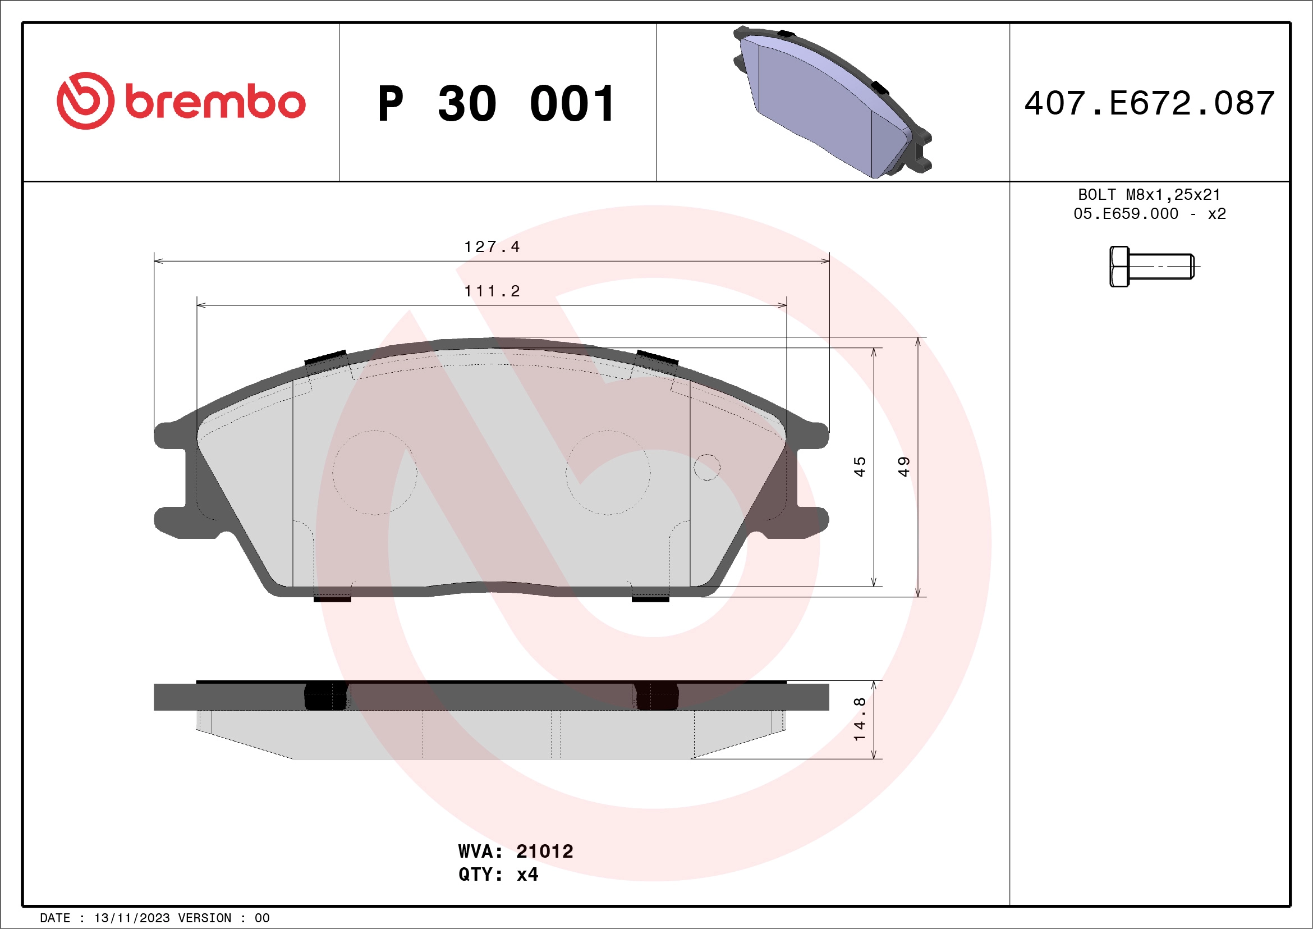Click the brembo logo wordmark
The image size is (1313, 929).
coord(214,102)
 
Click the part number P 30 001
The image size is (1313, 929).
coord(497,104)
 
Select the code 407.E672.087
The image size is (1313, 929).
coord(1150,103)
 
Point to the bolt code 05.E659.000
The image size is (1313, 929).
coord(1126,214)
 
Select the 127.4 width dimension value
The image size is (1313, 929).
coord(492,246)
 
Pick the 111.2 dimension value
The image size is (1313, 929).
coord(492,291)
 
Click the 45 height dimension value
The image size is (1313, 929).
coord(860,467)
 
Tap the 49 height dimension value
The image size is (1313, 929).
coord(903,467)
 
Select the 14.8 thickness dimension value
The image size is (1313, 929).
coord(860,720)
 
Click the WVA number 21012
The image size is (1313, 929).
coord(544,851)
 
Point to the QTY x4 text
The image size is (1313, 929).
coord(498,875)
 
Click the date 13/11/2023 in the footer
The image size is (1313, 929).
coord(131,918)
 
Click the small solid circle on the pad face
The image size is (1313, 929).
coord(707,468)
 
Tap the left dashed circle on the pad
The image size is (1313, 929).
coord(375,473)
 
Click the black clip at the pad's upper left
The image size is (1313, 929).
coord(325,358)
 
